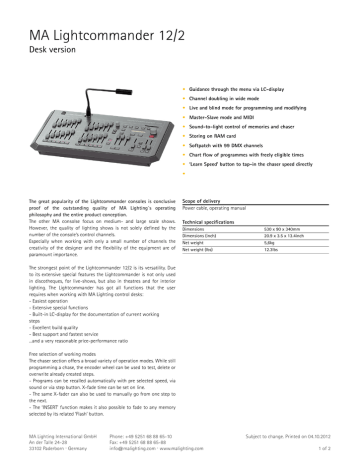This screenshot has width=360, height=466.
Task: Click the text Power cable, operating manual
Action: [x=228, y=208]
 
